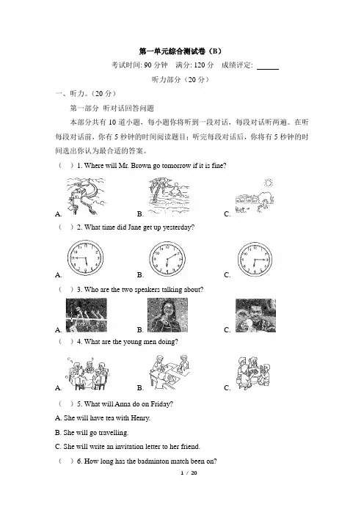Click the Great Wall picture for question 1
click(x=86, y=197)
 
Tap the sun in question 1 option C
click(x=269, y=183)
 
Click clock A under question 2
click(x=85, y=257)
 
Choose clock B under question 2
click(x=167, y=259)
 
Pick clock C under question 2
click(x=255, y=259)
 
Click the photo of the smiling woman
click(x=167, y=315)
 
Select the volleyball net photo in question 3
click(x=87, y=315)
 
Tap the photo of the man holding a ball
click(x=255, y=315)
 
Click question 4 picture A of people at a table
click(x=88, y=373)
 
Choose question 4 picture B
click(x=170, y=370)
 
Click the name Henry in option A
click(x=140, y=418)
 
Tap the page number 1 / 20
click(x=189, y=473)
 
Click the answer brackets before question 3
click(x=66, y=289)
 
